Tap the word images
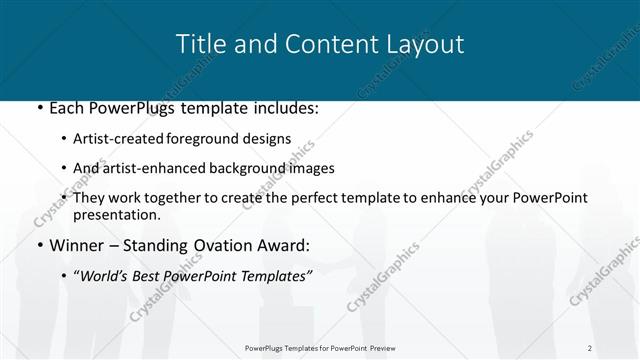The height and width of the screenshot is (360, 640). coord(310,168)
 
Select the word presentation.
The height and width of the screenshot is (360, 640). coord(116,215)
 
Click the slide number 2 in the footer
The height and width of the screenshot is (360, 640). coord(590,348)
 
